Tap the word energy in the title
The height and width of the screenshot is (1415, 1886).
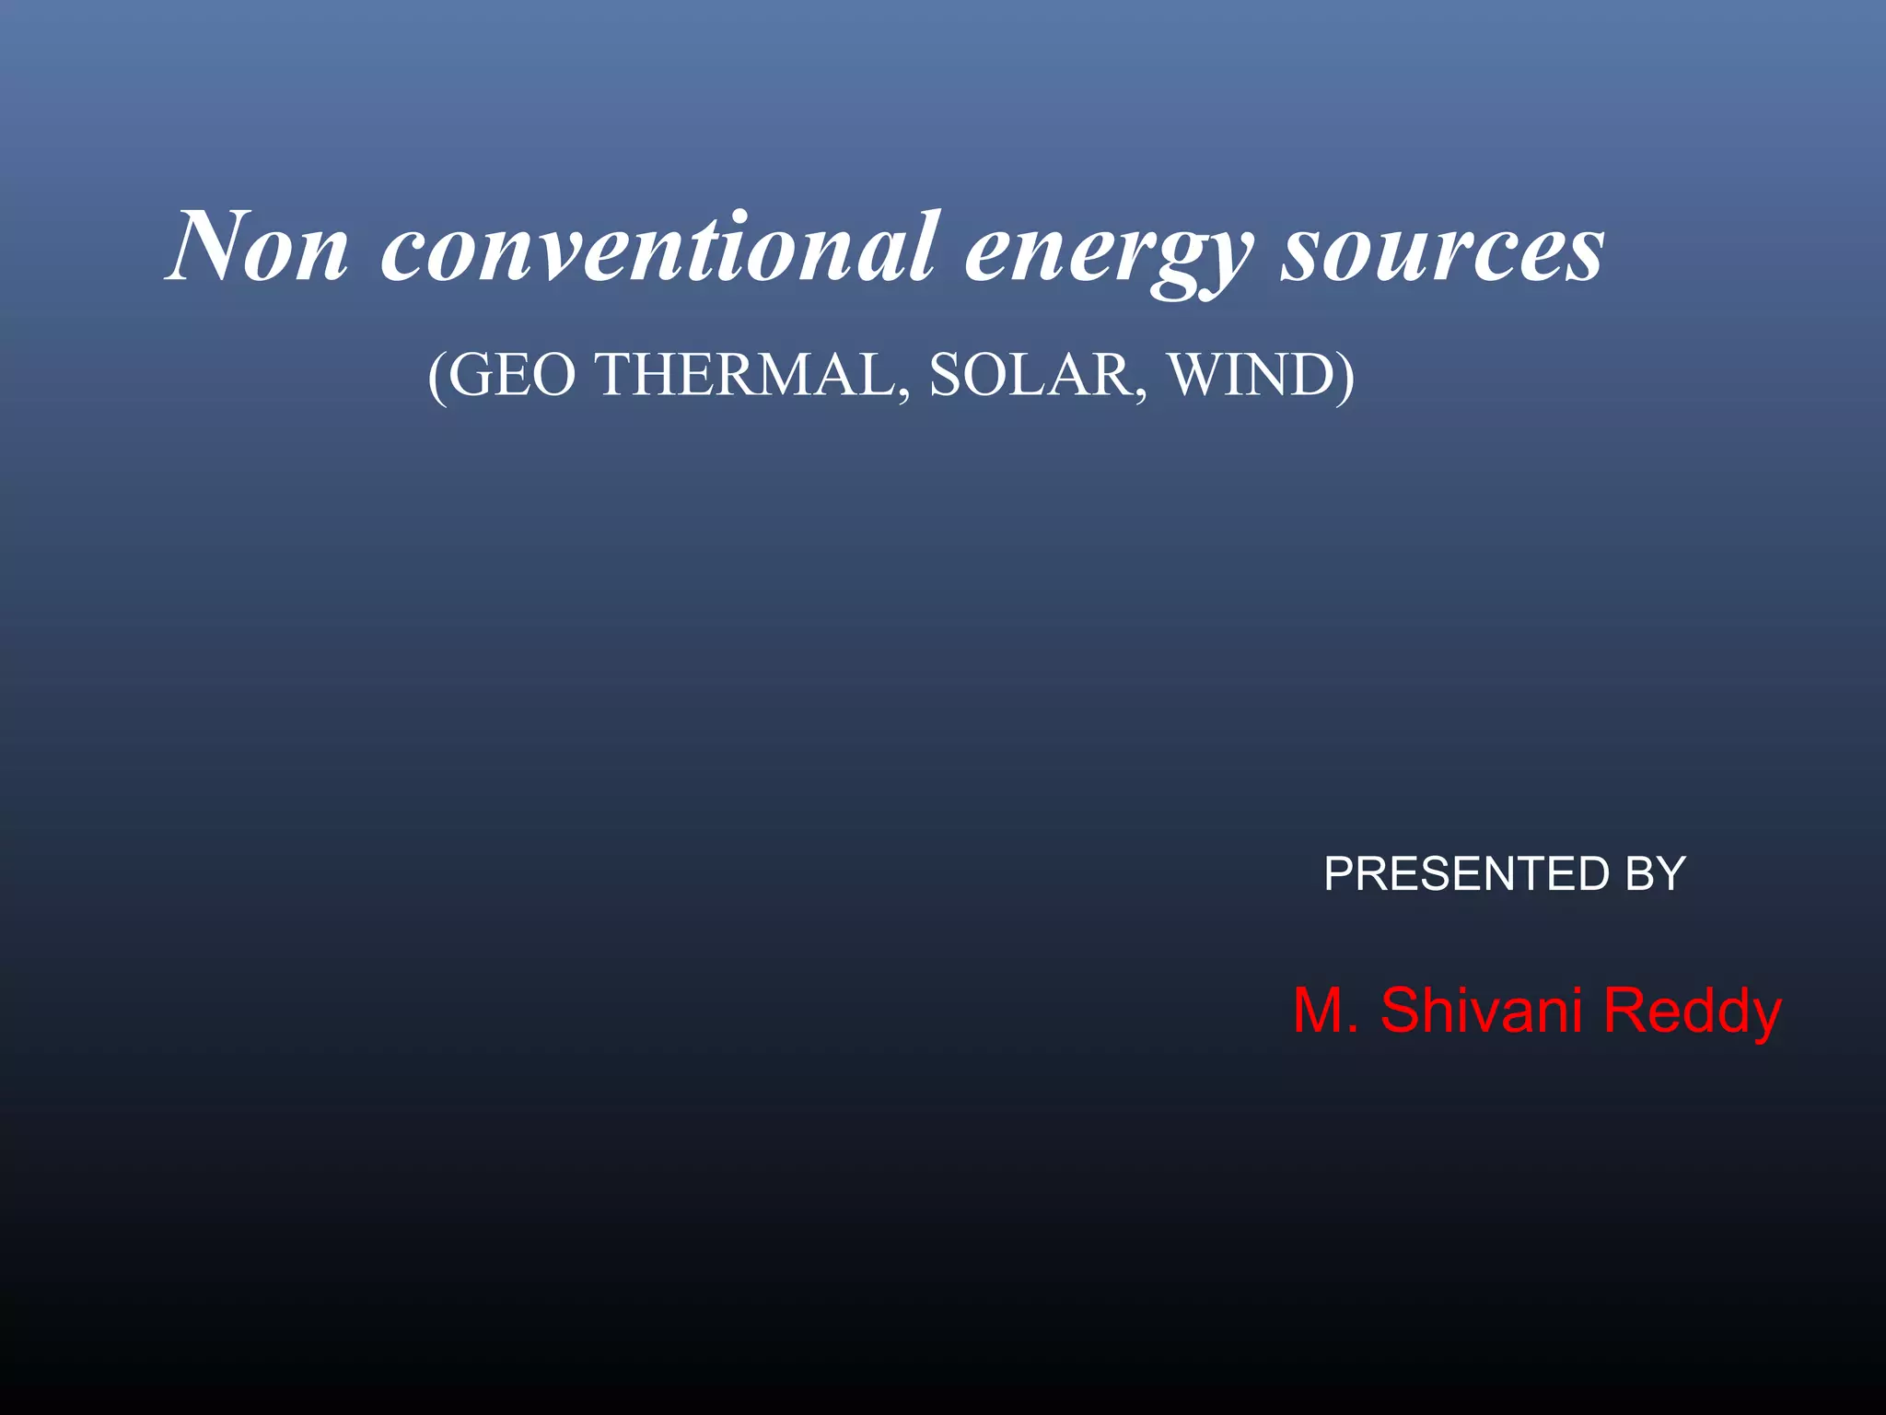(1109, 253)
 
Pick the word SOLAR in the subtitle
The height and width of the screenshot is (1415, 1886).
(1032, 375)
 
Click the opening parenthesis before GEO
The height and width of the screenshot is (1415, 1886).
(437, 378)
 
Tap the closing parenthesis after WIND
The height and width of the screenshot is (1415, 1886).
(1346, 378)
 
